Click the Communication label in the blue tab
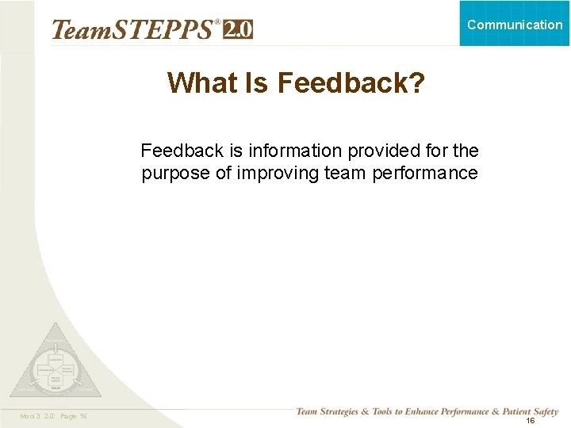[515, 25]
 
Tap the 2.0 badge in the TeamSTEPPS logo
[238, 29]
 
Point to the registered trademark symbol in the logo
[217, 22]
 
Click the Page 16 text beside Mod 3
[72, 416]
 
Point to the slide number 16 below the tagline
[530, 421]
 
